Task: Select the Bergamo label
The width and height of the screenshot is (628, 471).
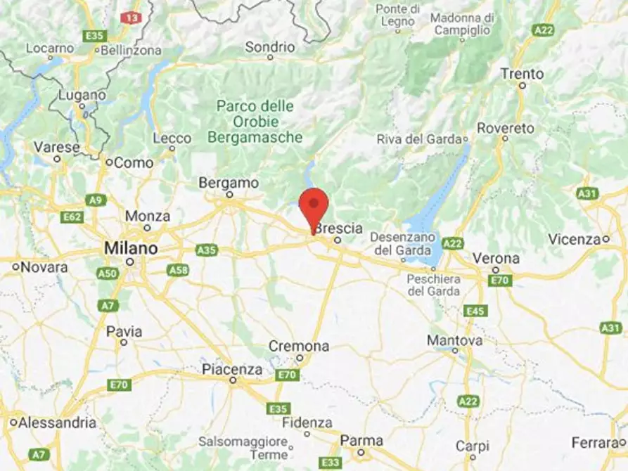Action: pyautogui.click(x=229, y=183)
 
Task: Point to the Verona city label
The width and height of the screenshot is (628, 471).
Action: pyautogui.click(x=496, y=258)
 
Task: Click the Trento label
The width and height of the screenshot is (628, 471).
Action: pyautogui.click(x=522, y=74)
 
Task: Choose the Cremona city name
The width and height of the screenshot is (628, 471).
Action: pyautogui.click(x=299, y=347)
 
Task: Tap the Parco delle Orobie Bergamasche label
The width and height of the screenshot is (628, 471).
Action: pyautogui.click(x=259, y=122)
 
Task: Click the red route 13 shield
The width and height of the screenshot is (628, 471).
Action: pyautogui.click(x=130, y=17)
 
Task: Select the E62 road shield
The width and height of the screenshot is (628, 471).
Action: pyautogui.click(x=72, y=217)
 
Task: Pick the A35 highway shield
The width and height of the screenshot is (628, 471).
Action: pyautogui.click(x=207, y=250)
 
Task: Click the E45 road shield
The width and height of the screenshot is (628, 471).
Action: pyautogui.click(x=475, y=311)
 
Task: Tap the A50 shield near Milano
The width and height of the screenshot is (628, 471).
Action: pyautogui.click(x=106, y=273)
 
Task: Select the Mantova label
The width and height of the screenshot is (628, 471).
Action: pyautogui.click(x=455, y=340)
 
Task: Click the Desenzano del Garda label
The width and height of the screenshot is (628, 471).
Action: pyautogui.click(x=396, y=243)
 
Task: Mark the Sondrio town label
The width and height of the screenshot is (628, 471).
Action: pyautogui.click(x=270, y=48)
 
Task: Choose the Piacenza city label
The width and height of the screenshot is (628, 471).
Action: pyautogui.click(x=232, y=369)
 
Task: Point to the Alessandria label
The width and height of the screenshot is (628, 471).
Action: pyautogui.click(x=58, y=422)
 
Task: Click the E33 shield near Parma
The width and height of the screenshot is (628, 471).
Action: pyautogui.click(x=329, y=462)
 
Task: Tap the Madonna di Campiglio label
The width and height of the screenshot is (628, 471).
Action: pyautogui.click(x=461, y=24)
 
